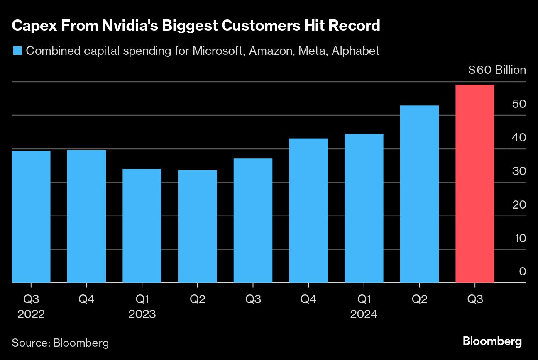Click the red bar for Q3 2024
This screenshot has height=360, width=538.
click(474, 184)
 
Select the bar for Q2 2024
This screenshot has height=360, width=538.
click(419, 194)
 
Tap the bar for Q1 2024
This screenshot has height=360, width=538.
click(364, 208)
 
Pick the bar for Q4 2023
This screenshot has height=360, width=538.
click(308, 210)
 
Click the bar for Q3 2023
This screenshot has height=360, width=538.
click(253, 221)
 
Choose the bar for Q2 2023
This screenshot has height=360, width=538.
click(197, 226)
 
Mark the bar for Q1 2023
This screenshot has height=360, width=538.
click(142, 226)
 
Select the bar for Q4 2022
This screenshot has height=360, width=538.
click(86, 216)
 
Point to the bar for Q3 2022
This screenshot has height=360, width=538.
click(31, 216)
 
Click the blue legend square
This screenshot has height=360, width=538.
click(17, 51)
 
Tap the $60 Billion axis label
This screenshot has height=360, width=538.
click(497, 70)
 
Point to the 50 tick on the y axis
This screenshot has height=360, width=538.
click(519, 104)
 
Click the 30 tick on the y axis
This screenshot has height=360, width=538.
click(519, 171)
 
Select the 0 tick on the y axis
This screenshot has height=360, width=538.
click(522, 272)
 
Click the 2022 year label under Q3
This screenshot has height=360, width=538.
click(31, 314)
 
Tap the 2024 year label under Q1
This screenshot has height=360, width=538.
click(364, 314)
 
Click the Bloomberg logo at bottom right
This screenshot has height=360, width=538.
click(492, 342)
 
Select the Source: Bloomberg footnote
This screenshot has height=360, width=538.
click(60, 343)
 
